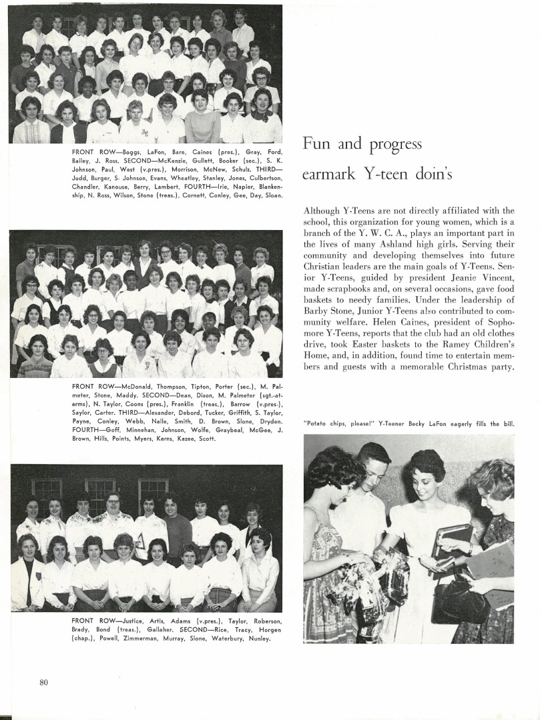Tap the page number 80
point(44,682)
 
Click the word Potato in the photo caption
point(318,423)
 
